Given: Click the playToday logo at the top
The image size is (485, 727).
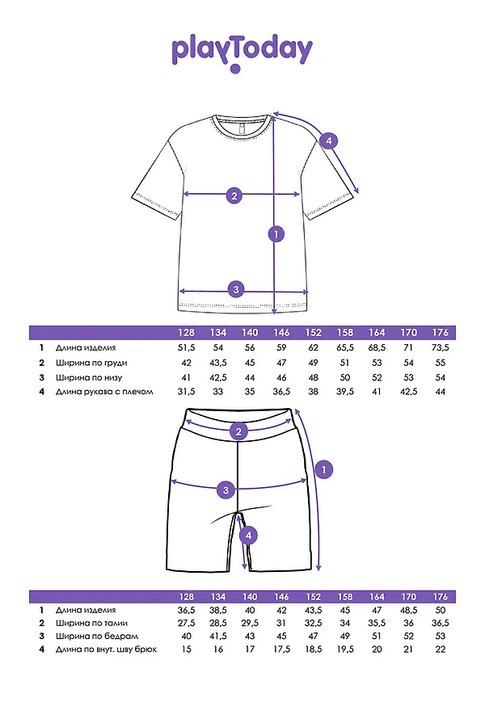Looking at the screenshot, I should click(242, 53).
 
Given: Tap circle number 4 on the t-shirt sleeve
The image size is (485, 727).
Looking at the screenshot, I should click(327, 141).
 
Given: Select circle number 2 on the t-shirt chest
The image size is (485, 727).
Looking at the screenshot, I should click(234, 195).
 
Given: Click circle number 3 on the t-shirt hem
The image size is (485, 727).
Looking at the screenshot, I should click(236, 290).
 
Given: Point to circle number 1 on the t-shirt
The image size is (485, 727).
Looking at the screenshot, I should click(276, 234).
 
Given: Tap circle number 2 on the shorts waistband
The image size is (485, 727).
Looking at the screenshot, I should click(238, 431).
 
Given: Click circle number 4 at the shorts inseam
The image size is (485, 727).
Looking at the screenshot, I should click(249, 535).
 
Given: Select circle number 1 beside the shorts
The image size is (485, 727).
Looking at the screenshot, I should click(323, 469).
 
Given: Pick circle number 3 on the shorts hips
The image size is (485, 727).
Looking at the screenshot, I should click(227, 489).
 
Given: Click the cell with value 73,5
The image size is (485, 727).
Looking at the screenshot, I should click(441, 347).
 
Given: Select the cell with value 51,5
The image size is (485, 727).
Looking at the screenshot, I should click(187, 347).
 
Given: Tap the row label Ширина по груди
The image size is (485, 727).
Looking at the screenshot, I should click(91, 363).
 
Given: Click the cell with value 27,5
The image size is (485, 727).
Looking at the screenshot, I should click(187, 624).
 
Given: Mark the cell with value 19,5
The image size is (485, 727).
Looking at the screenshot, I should click(345, 649).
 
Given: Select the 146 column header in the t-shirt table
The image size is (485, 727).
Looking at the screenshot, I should click(282, 333).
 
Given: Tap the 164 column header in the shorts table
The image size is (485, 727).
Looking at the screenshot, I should click(377, 596).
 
